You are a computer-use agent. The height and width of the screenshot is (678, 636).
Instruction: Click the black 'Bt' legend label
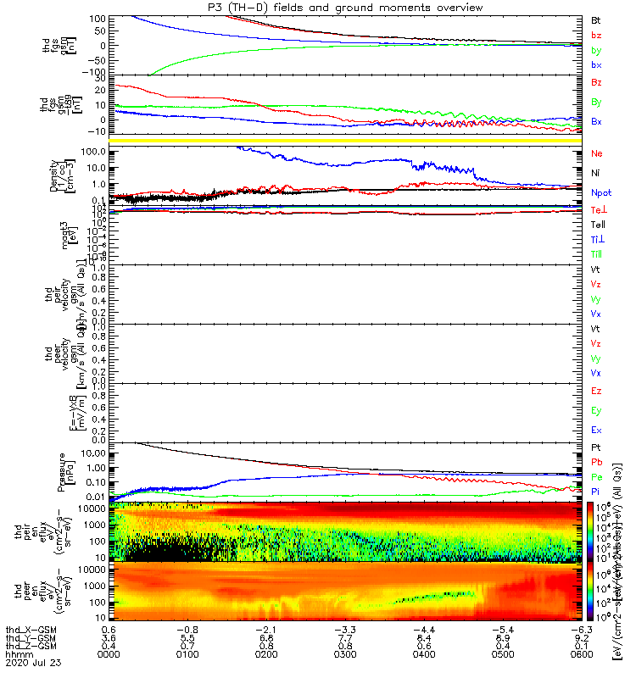click(596, 19)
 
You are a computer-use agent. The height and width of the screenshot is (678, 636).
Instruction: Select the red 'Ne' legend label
click(597, 153)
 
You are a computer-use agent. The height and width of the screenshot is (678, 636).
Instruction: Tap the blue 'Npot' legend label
click(600, 192)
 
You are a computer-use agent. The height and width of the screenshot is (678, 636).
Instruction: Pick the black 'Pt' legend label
click(596, 447)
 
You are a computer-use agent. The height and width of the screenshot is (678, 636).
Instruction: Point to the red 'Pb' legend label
click(597, 462)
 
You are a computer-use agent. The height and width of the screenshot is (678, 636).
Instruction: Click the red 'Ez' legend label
click(596, 392)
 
